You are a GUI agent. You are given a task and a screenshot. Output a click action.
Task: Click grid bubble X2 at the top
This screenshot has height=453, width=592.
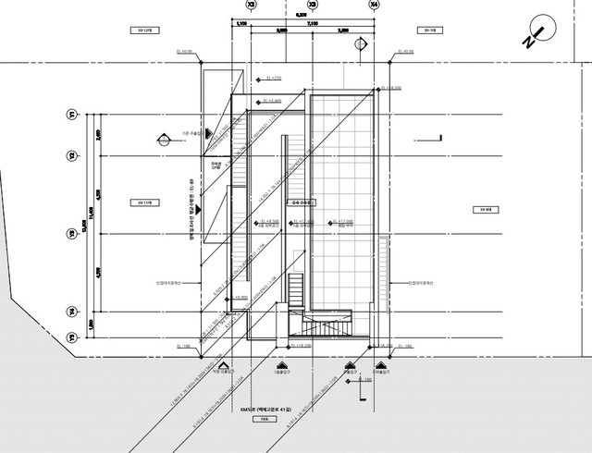pyautogui.click(x=250, y=5)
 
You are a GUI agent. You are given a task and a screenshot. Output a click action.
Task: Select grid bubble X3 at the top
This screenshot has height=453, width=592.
pyautogui.click(x=312, y=5)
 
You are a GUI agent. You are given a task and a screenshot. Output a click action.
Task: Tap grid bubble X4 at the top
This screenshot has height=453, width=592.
pyautogui.click(x=374, y=5)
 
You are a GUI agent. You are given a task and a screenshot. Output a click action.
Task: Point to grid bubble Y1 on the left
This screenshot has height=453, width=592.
pyautogui.click(x=71, y=114)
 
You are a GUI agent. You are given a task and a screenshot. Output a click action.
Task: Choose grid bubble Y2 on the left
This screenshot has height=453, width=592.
pyautogui.click(x=71, y=155)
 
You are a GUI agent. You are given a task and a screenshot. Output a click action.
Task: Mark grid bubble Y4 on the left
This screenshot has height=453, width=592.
pyautogui.click(x=71, y=311)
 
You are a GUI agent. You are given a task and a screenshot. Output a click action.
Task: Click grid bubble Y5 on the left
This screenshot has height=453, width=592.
pyautogui.click(x=71, y=338)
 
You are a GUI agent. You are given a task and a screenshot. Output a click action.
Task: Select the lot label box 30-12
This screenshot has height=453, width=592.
pyautogui.click(x=144, y=31)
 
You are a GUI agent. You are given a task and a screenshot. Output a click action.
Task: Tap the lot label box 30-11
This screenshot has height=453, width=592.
pyautogui.click(x=144, y=201)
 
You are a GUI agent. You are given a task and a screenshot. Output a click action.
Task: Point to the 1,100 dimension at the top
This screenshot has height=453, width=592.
pyautogui.click(x=241, y=24)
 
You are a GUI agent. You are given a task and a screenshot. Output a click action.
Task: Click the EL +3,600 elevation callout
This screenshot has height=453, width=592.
pyautogui.click(x=273, y=100)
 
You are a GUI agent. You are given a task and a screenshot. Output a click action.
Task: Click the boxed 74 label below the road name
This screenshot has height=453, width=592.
pyautogui.click(x=257, y=418)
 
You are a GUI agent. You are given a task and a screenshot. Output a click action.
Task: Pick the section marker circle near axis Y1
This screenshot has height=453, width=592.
pyautogui.click(x=162, y=140)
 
